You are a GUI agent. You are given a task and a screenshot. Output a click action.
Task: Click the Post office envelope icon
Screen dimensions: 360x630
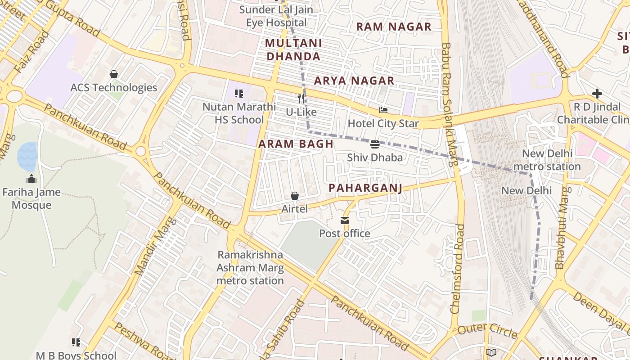click(345, 220)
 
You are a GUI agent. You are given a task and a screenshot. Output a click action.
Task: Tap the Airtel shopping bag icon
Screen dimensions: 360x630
click(295, 196)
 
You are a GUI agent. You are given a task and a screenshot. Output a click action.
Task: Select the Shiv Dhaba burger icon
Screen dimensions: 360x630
click(375, 144)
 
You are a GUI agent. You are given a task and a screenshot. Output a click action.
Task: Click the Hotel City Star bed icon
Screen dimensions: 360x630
click(383, 110)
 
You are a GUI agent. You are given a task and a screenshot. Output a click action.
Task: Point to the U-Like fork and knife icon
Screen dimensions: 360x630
click(301, 99)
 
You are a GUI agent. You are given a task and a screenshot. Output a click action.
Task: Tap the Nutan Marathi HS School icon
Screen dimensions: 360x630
click(239, 94)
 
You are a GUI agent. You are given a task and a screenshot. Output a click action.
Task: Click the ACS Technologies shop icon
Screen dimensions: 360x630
click(114, 74)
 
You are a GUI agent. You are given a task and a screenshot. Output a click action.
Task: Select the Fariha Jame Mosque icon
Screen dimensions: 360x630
click(31, 179)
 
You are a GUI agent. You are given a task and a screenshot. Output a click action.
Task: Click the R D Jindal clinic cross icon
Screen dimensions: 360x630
click(597, 94)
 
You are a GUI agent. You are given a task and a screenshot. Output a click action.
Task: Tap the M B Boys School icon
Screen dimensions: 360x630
click(76, 342)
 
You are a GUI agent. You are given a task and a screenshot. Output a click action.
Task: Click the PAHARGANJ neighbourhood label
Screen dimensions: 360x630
click(365, 188)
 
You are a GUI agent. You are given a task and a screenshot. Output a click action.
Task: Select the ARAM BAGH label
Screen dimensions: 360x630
click(296, 144)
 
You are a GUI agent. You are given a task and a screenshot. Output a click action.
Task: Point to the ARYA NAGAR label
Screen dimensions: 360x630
click(354, 81)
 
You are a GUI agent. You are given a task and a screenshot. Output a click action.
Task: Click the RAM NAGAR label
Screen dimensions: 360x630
click(394, 27)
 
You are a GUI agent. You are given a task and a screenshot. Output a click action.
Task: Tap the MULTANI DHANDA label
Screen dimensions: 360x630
click(293, 50)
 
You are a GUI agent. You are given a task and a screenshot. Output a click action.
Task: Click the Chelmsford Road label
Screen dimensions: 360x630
click(457, 269)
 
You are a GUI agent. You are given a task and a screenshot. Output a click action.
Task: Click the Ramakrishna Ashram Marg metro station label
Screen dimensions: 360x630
click(250, 268)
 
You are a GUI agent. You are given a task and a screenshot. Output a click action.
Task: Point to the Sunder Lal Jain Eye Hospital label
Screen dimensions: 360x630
click(276, 16)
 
